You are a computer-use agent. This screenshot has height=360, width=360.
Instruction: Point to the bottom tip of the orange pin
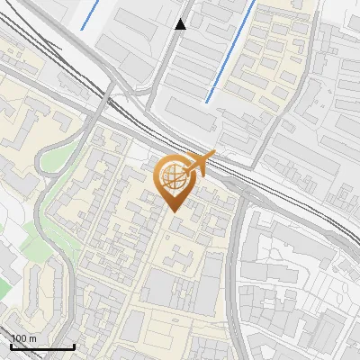(x=174, y=211)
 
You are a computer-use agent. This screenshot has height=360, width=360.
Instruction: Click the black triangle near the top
(x=181, y=24)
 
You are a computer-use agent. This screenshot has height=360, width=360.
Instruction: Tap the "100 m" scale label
(x=24, y=338)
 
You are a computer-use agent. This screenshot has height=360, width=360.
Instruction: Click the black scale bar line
(x=42, y=346)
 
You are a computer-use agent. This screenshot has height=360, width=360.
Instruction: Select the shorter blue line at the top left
(x=90, y=14)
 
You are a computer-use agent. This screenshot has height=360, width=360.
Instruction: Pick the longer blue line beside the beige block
(x=230, y=50)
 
